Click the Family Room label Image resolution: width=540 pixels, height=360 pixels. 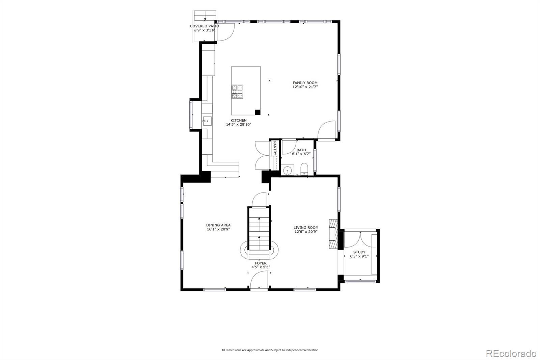click(x=305, y=83)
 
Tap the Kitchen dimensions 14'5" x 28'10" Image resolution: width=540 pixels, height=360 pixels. click(x=238, y=125)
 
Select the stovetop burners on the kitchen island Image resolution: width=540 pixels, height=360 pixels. click(x=237, y=92)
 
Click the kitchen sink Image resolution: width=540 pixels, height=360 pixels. click(x=207, y=121)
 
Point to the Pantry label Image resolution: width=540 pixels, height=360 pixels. click(x=275, y=148)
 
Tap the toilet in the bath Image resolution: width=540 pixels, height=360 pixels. click(x=304, y=169)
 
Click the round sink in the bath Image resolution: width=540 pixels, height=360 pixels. click(x=287, y=171)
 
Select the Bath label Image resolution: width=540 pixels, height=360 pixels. click(x=301, y=150)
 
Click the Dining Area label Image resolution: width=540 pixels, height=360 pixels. click(x=218, y=225)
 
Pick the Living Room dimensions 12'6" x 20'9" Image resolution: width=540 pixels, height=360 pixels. click(x=306, y=232)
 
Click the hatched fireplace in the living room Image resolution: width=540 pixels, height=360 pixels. click(x=333, y=234)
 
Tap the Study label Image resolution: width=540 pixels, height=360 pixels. click(x=359, y=252)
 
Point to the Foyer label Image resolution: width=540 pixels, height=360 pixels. click(x=261, y=263)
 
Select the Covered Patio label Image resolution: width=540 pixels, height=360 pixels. click(x=205, y=26)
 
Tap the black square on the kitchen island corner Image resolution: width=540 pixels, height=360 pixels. click(x=258, y=112)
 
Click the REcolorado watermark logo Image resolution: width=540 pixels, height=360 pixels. click(x=511, y=354)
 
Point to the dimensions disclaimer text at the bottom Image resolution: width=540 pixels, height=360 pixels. click(x=270, y=350)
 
